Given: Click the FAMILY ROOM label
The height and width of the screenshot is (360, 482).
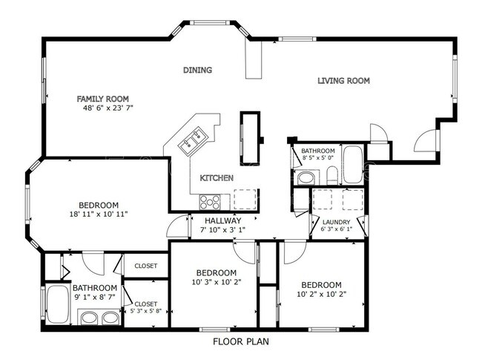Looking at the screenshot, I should pos(103,98).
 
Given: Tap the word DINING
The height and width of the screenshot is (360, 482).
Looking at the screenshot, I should pos(198,71).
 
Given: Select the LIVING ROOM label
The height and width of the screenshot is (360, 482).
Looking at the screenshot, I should pos(343,81).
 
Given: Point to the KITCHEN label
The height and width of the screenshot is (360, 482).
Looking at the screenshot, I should pos(217,178).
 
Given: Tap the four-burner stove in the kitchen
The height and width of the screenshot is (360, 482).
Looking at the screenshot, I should pos(208,201).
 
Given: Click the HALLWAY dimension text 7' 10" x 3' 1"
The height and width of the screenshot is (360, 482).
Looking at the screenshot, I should pos(222,230).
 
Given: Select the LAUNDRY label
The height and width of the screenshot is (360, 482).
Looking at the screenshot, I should pos(336,222).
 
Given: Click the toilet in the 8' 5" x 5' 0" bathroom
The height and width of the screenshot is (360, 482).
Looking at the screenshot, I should pos(332,176).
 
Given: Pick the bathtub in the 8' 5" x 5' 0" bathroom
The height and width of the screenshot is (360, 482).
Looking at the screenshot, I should pos(353,166).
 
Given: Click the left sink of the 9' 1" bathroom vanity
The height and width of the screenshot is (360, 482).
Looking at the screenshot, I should pos(90,319).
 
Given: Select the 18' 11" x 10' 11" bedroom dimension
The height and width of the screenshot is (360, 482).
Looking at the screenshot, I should pos(99,215).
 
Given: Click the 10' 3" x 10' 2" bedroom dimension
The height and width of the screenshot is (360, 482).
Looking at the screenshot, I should pos(217,283).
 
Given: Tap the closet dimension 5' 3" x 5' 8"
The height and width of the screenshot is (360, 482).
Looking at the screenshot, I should pos(150,312).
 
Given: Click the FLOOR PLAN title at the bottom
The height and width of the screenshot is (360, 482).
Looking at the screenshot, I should pos(241,342).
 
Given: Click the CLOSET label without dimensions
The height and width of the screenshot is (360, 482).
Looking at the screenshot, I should pos(145,266).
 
